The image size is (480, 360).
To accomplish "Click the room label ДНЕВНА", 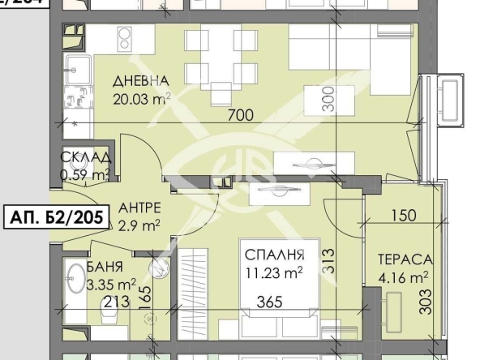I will click(x=141, y=81).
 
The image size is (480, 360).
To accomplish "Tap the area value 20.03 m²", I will click(x=141, y=99).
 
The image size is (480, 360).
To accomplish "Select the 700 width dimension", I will click(x=240, y=115).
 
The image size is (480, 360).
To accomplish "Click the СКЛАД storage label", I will click(x=85, y=158).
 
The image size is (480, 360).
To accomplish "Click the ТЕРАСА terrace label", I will click(x=404, y=261).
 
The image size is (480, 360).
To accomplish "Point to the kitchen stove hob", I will click(x=126, y=38).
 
